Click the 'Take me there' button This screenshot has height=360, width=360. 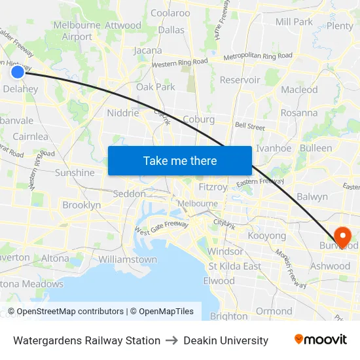pos(179,160)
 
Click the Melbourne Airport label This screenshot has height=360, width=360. pos(77,31)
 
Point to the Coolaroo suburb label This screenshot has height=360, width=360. pos(170,12)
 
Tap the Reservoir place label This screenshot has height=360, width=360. pos(240,80)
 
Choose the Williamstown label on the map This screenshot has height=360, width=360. pos(128,259)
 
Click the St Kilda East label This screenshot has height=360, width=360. pos(234,266)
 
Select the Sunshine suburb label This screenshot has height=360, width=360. pos(75,173)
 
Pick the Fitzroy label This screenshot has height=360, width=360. pos(213,187)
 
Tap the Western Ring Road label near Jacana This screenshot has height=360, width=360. pos(179,63)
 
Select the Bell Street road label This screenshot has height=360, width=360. pos(249,125)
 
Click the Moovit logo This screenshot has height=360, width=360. pos(321,340)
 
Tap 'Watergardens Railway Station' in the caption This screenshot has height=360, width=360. pos(86,340)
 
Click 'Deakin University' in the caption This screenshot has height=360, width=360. pos(226,340)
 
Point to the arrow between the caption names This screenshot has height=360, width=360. pos(172,340)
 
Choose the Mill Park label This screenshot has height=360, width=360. pos(294,22)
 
